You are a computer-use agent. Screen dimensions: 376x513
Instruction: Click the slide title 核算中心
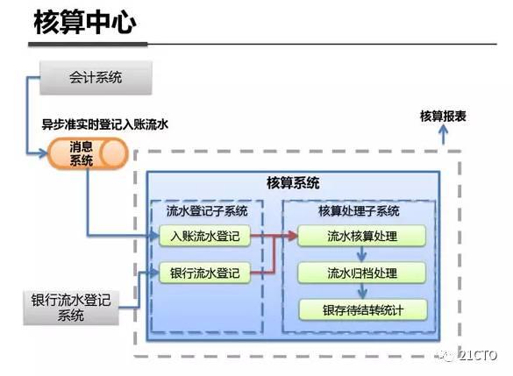coord(84,23)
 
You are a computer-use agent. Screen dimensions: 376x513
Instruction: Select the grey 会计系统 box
coord(96,77)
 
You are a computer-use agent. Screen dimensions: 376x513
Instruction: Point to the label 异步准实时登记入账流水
coord(105,124)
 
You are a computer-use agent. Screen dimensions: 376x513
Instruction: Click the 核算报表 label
coord(443,116)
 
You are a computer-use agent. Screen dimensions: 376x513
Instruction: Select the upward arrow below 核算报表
coord(444,135)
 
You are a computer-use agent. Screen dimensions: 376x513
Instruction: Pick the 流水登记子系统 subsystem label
coord(207,211)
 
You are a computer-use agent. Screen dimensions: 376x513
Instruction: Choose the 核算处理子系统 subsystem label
coord(359,211)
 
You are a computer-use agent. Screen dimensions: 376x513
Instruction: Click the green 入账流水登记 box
coord(205,236)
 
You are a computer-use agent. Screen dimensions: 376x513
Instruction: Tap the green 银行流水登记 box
coord(205,272)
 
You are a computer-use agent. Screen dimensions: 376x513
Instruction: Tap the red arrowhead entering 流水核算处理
coord(292,236)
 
